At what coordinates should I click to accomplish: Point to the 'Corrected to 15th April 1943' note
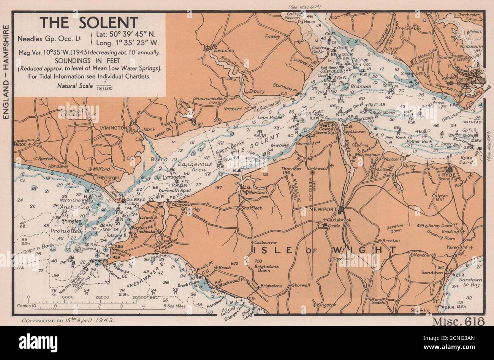(x=68, y=321)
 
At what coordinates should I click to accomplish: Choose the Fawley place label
(x=272, y=36)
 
